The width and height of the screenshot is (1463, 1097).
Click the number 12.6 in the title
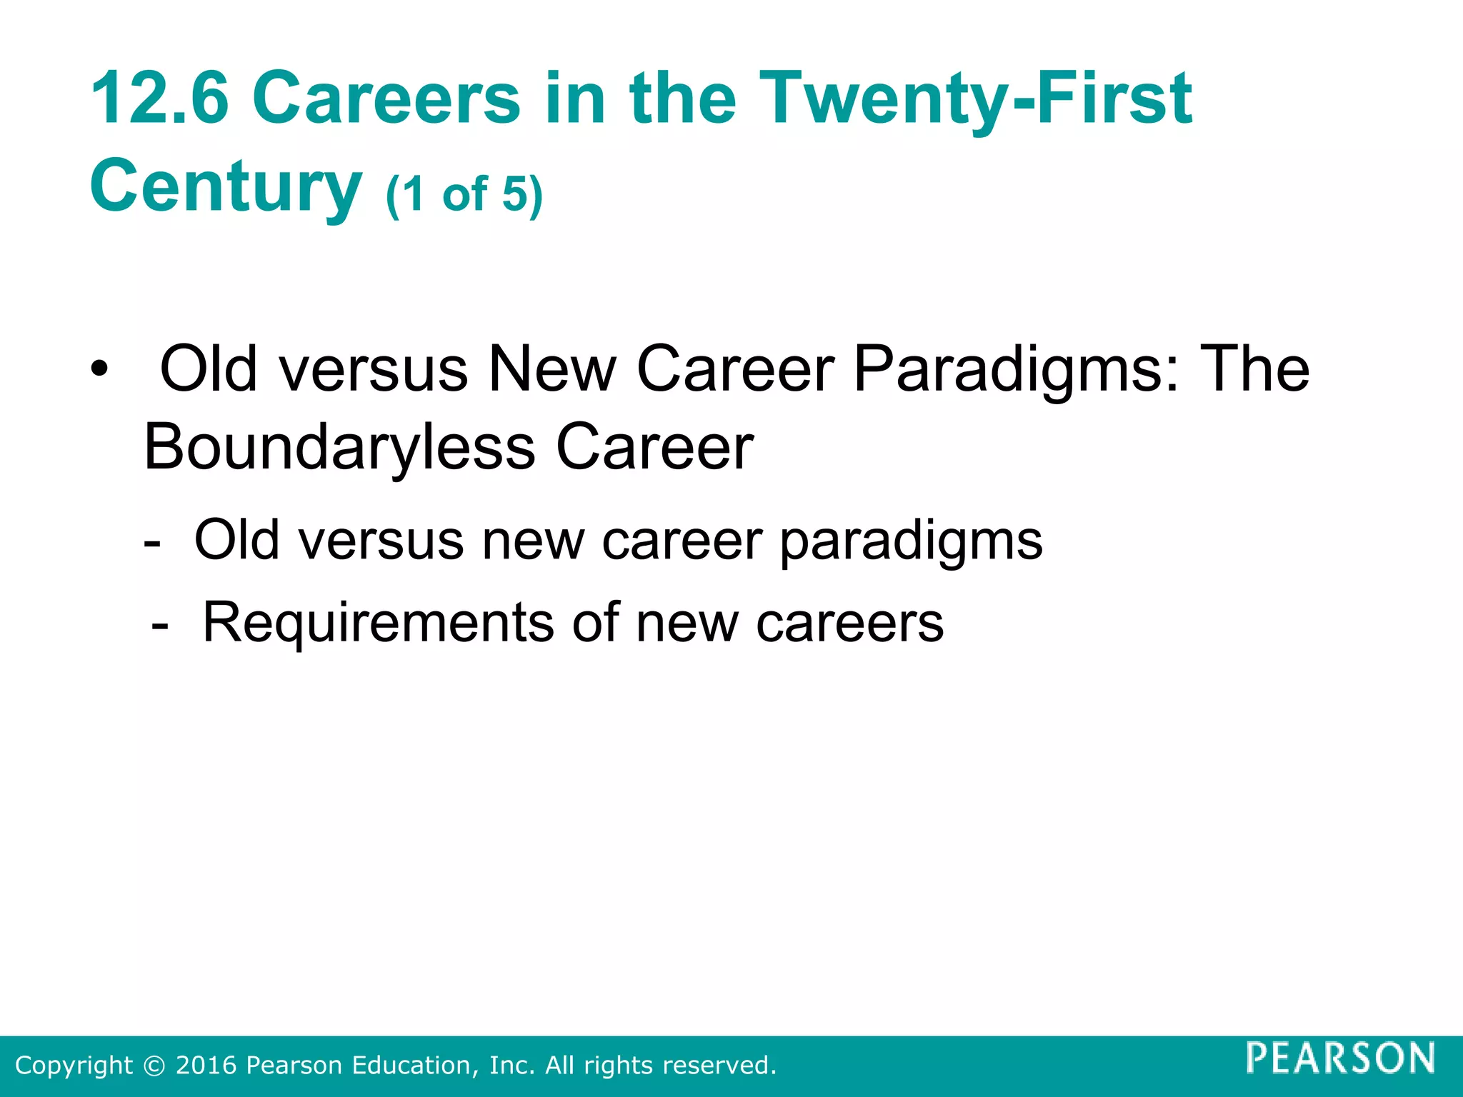coord(159,99)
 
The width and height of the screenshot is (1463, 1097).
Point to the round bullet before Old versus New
coord(99,371)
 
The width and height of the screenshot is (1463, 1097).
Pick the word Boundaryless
coord(339,448)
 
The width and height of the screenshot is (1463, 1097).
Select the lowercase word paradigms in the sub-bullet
coord(911,541)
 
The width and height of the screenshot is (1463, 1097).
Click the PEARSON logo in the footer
coord(1340,1058)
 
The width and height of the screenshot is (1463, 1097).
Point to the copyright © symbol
coord(154,1066)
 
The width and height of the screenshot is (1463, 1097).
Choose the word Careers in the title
coord(386,99)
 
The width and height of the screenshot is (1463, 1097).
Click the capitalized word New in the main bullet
coord(551,369)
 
